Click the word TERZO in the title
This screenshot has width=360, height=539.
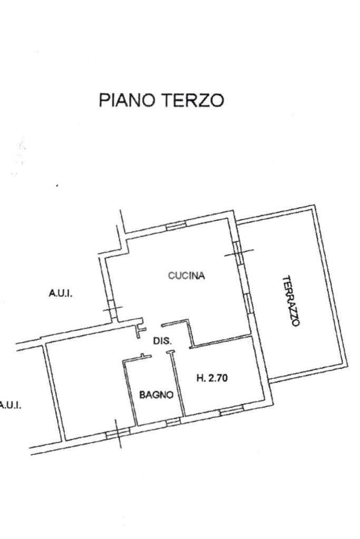pos(193,100)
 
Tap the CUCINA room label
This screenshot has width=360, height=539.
pos(187,276)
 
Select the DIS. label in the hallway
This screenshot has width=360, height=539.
pos(162,341)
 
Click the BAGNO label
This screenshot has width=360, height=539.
pos(156,395)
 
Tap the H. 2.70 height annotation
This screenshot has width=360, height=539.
pos(212,378)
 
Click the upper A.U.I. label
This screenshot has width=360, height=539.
pos(61,293)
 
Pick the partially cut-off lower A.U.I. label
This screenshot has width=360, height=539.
pos(11,405)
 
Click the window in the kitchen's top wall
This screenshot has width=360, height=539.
pos(176,226)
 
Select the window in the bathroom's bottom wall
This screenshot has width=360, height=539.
pos(173,422)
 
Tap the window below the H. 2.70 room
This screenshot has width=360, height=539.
pos(231,410)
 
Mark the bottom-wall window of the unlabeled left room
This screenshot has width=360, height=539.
pos(118,434)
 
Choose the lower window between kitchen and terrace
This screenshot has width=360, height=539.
pos(248,302)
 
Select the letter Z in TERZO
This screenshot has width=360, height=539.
pos(203,100)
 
